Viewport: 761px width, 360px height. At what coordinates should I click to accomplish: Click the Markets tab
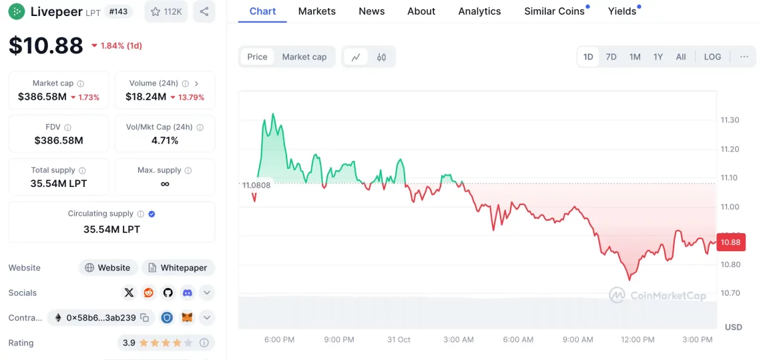(x=317, y=11)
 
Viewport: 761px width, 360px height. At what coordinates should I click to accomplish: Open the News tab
(x=372, y=11)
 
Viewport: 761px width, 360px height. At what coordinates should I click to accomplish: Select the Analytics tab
(x=479, y=11)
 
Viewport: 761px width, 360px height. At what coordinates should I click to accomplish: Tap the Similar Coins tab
(x=554, y=11)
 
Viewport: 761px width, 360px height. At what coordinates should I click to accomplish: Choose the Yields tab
(x=622, y=11)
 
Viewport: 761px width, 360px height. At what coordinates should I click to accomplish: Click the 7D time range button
(x=611, y=57)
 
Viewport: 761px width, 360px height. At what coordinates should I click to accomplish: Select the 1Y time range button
(x=658, y=57)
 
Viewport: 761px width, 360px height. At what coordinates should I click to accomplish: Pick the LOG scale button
(x=712, y=57)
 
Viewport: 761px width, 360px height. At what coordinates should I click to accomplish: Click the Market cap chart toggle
(x=304, y=57)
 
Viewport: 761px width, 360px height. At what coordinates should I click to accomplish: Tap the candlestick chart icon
(x=381, y=57)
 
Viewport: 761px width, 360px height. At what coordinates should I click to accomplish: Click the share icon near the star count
(x=204, y=11)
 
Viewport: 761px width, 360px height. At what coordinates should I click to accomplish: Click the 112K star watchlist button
(x=166, y=11)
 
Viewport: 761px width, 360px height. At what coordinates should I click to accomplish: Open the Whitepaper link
(x=178, y=268)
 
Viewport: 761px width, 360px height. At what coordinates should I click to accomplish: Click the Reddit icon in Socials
(x=148, y=293)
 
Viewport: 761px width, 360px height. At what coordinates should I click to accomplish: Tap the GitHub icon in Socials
(x=168, y=293)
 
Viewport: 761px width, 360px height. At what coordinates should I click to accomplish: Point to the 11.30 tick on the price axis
(x=730, y=120)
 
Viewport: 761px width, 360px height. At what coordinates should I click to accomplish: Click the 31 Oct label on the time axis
(x=399, y=339)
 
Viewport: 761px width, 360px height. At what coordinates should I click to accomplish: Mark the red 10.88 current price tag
(x=731, y=242)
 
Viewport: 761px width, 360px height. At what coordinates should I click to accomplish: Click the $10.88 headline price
(x=45, y=45)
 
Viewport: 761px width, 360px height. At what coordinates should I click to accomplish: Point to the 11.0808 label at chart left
(x=256, y=185)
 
